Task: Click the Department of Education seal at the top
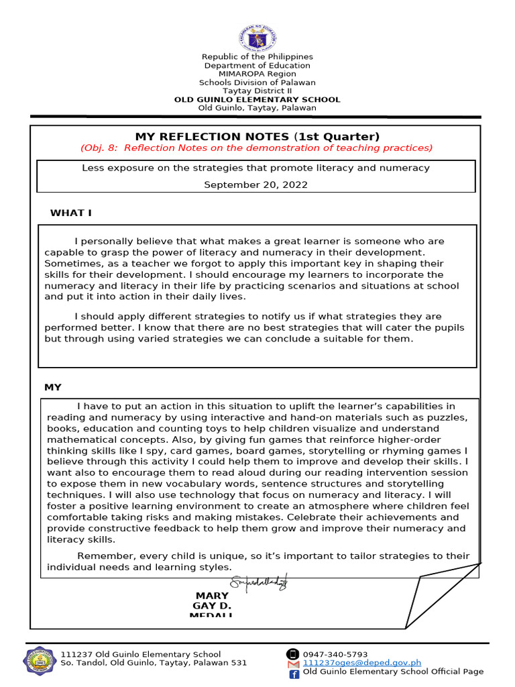(x=257, y=38)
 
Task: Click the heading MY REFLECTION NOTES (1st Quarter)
(x=257, y=136)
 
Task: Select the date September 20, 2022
(x=256, y=184)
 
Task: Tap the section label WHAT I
(x=71, y=213)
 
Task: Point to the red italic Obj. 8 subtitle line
(x=256, y=148)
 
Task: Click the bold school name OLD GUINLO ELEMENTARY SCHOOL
(x=257, y=99)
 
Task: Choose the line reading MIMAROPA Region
(x=257, y=74)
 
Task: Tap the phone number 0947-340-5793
(x=335, y=654)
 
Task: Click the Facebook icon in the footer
(x=294, y=673)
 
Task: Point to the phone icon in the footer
(x=292, y=654)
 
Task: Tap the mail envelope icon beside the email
(x=293, y=664)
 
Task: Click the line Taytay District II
(x=257, y=91)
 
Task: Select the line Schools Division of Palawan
(x=257, y=83)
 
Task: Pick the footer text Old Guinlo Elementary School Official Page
(x=393, y=672)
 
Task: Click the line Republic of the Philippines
(x=257, y=57)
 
